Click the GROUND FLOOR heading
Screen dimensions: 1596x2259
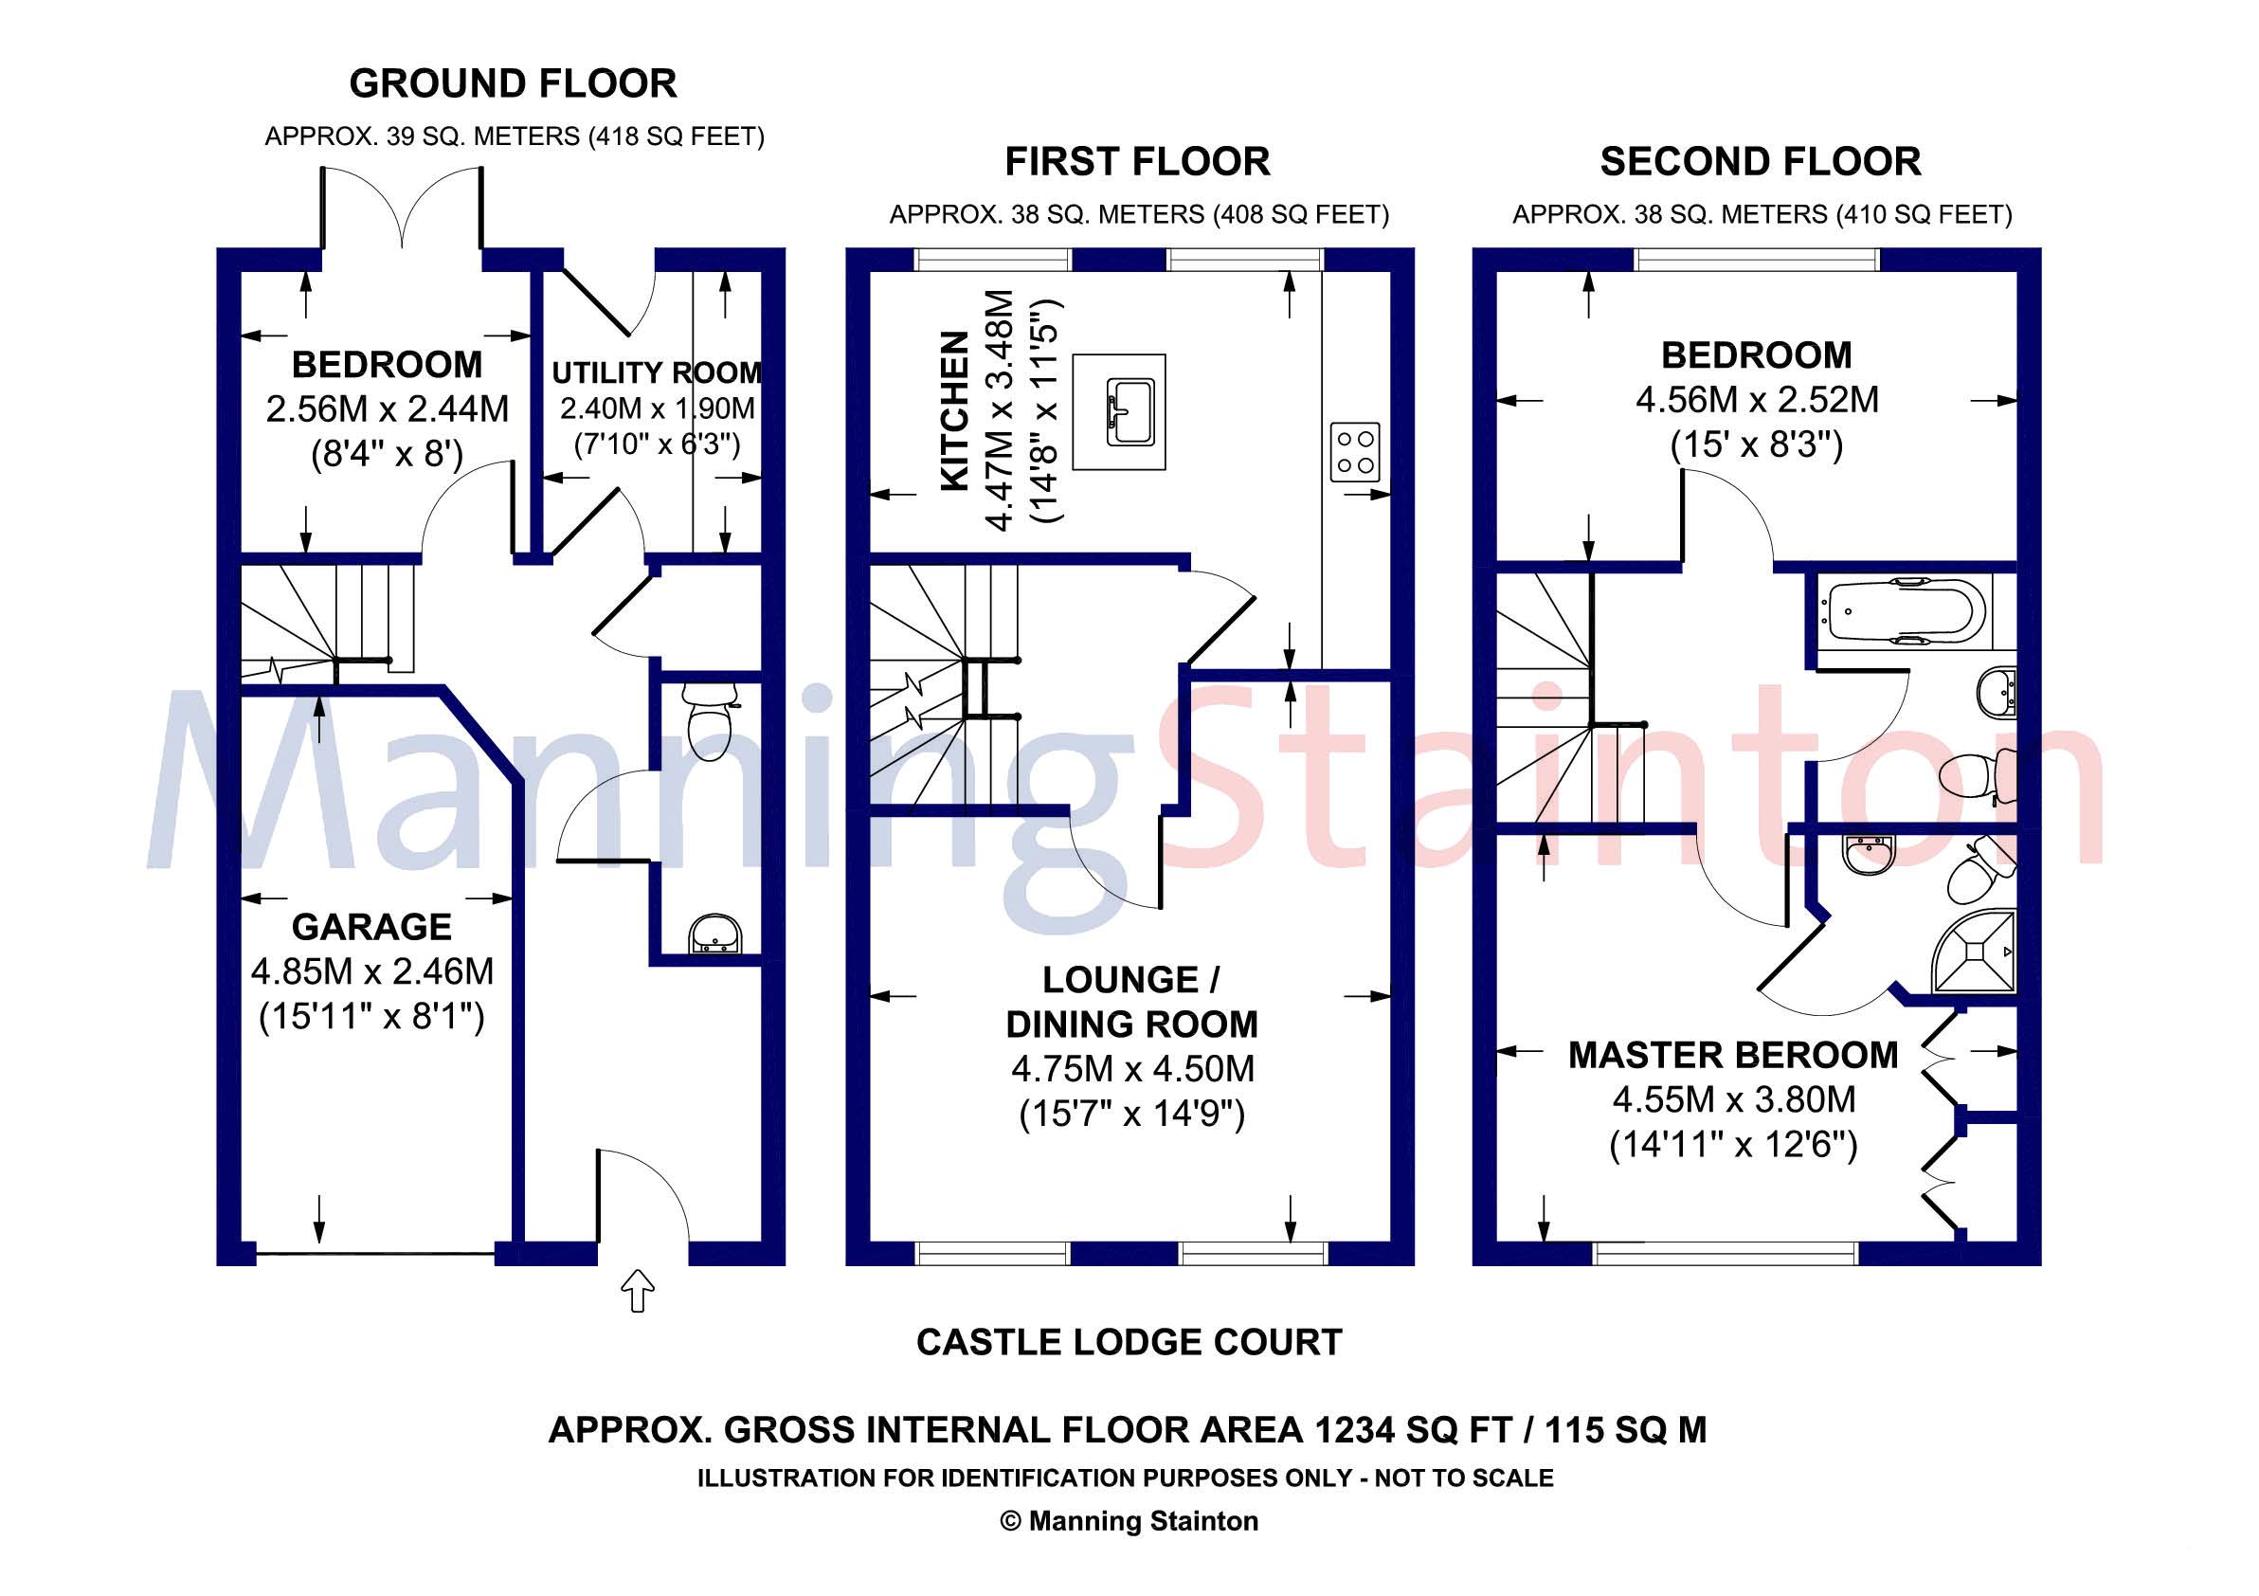513,83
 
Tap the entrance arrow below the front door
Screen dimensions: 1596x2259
639,1290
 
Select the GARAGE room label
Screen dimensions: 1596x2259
371,927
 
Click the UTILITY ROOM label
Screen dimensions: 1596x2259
657,372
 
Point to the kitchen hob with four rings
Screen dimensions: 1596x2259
1355,452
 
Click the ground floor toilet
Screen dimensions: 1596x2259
710,722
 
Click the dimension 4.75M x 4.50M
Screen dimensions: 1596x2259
1132,1069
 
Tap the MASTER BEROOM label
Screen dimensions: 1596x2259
1732,1055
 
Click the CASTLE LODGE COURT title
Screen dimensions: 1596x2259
1129,1342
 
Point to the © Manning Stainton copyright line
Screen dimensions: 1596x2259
1129,1521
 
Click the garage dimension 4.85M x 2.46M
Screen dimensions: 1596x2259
371,971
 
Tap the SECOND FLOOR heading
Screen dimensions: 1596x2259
1761,161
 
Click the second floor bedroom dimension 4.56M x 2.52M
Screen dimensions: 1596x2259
1757,400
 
